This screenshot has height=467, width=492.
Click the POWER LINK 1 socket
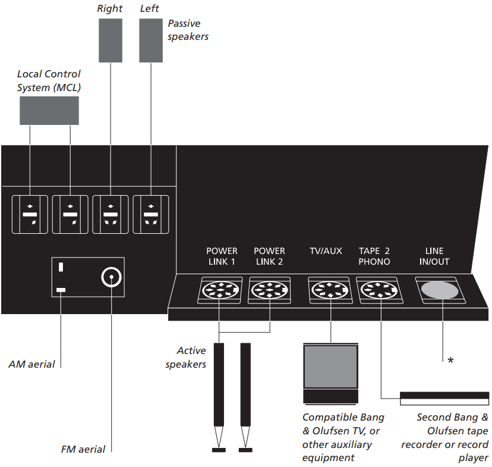[x=219, y=291]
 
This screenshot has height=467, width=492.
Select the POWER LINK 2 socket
[x=269, y=291]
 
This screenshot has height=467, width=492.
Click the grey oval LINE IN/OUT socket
[x=440, y=290]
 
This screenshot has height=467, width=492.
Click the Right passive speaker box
[x=110, y=40]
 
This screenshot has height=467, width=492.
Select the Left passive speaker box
[x=151, y=40]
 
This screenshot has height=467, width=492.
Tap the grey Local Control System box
[x=49, y=111]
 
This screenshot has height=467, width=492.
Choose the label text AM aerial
[x=31, y=363]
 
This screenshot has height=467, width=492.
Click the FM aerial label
[x=83, y=449]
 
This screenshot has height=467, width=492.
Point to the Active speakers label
[x=185, y=357]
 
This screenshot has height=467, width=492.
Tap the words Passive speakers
[x=188, y=30]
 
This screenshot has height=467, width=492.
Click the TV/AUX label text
[x=326, y=251]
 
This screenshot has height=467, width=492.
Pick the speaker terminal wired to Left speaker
[x=151, y=214]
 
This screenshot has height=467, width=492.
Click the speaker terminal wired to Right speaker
[x=110, y=214]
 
